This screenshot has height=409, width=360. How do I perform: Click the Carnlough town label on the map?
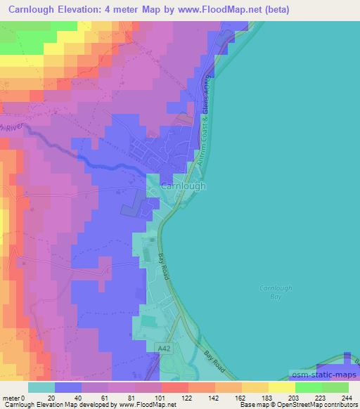tap(183, 186)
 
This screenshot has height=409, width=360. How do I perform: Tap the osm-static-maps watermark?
tap(323, 376)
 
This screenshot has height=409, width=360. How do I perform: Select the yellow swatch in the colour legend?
tap(282, 387)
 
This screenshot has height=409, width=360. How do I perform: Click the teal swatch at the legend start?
tap(41, 387)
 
